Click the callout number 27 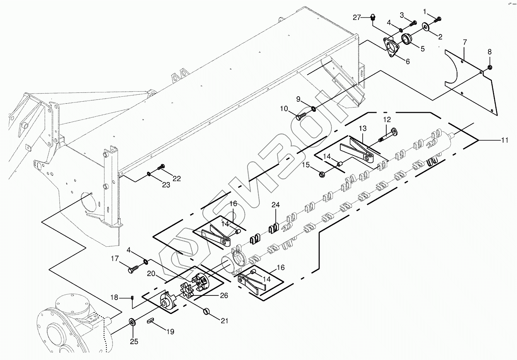point(356,17)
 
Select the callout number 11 point(504,140)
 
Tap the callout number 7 point(464,42)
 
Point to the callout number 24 point(275,205)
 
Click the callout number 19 point(170,331)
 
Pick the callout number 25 point(134,341)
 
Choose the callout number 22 point(176,179)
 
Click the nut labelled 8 point(489,67)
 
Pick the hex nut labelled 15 point(322,175)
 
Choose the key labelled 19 point(151,320)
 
